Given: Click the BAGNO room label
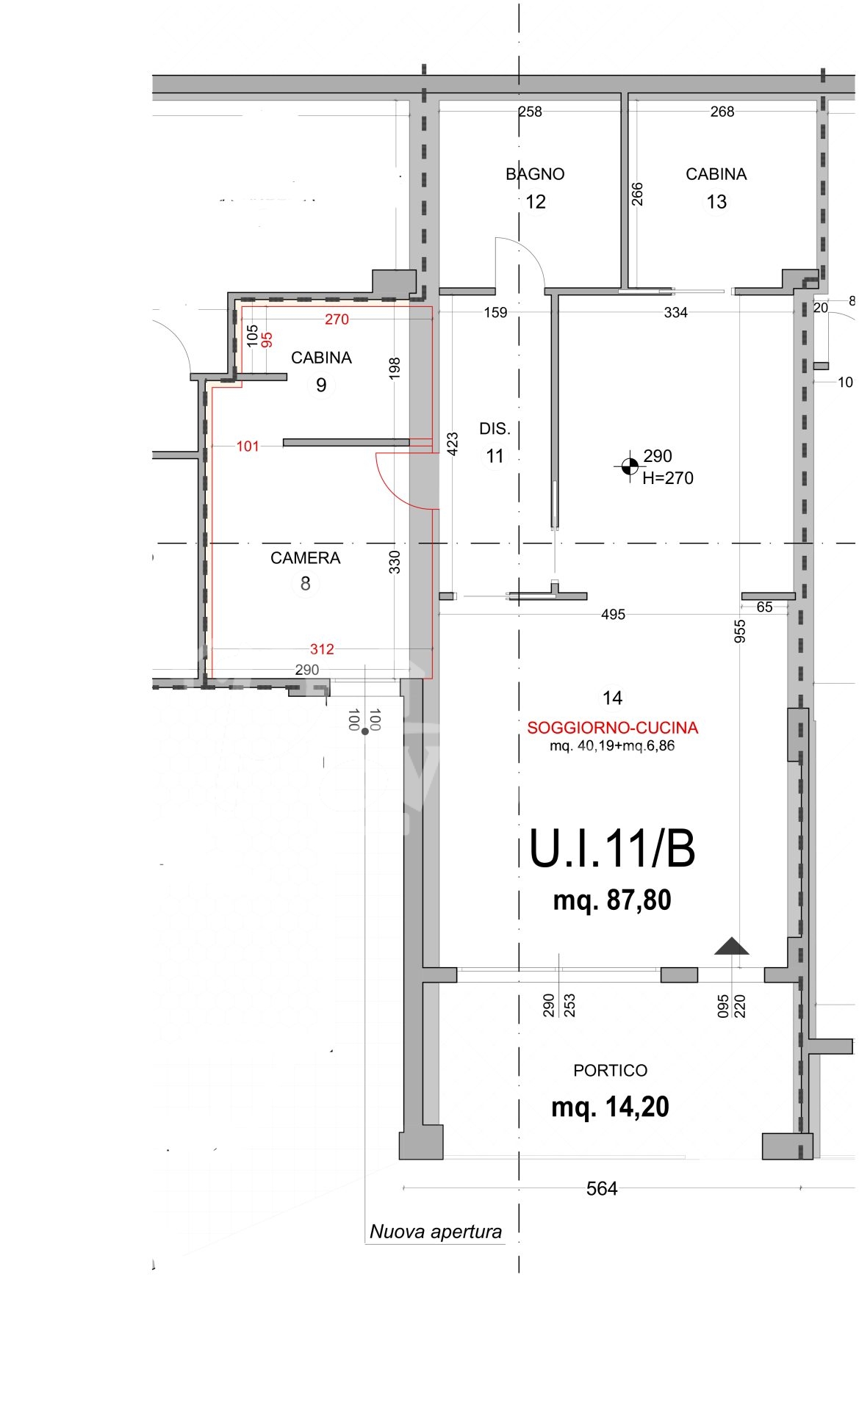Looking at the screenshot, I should click(535, 174).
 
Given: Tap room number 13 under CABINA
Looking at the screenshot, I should click(716, 202).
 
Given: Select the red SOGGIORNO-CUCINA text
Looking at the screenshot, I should click(612, 728).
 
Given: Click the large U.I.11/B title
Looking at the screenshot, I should click(612, 849).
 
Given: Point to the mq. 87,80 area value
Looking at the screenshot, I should click(612, 900).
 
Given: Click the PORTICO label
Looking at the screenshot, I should click(610, 1071).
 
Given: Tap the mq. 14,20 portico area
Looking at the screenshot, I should click(610, 1107).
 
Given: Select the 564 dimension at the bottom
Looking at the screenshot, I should click(602, 1189).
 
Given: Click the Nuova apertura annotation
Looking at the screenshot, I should click(436, 1232).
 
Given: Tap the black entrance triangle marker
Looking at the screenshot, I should click(732, 947).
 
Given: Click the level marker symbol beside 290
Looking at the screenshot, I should click(630, 465).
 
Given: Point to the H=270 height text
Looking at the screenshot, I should click(667, 478).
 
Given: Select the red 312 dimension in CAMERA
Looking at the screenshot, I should click(322, 649).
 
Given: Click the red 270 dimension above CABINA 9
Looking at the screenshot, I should click(337, 319).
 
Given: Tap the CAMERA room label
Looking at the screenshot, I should click(306, 558).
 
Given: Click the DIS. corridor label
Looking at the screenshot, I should click(495, 429).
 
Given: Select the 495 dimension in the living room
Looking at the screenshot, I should click(613, 615).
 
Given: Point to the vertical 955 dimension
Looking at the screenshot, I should click(740, 632).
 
